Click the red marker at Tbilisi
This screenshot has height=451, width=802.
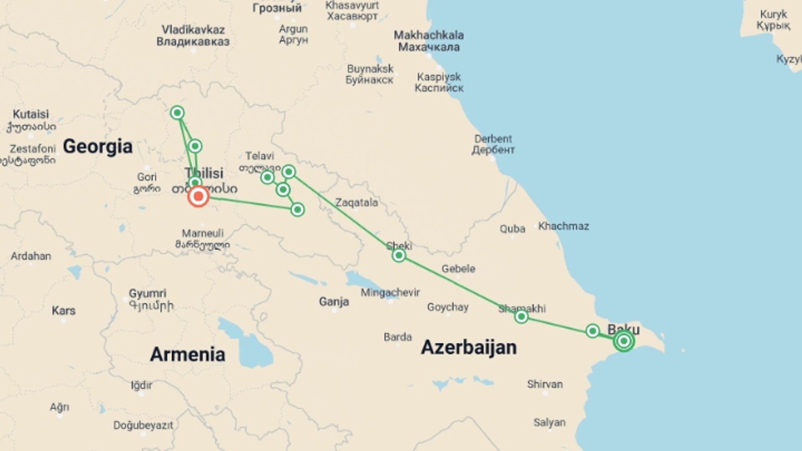(198, 196)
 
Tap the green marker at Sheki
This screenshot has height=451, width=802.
(398, 255)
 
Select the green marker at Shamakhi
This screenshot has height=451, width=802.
(521, 317)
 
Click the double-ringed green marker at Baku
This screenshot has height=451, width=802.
(624, 341)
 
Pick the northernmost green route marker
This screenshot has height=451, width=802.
(177, 113)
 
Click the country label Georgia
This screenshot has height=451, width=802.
(98, 147)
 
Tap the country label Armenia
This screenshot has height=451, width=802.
(188, 354)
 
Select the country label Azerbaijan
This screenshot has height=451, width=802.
(469, 347)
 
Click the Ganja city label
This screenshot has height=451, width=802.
(334, 301)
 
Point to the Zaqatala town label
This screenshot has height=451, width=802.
(356, 203)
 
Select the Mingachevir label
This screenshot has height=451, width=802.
(390, 292)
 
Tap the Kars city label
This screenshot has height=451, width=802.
(63, 310)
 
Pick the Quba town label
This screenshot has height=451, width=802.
(513, 229)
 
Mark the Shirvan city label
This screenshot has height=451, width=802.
(545, 384)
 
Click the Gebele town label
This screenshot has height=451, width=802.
(458, 269)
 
